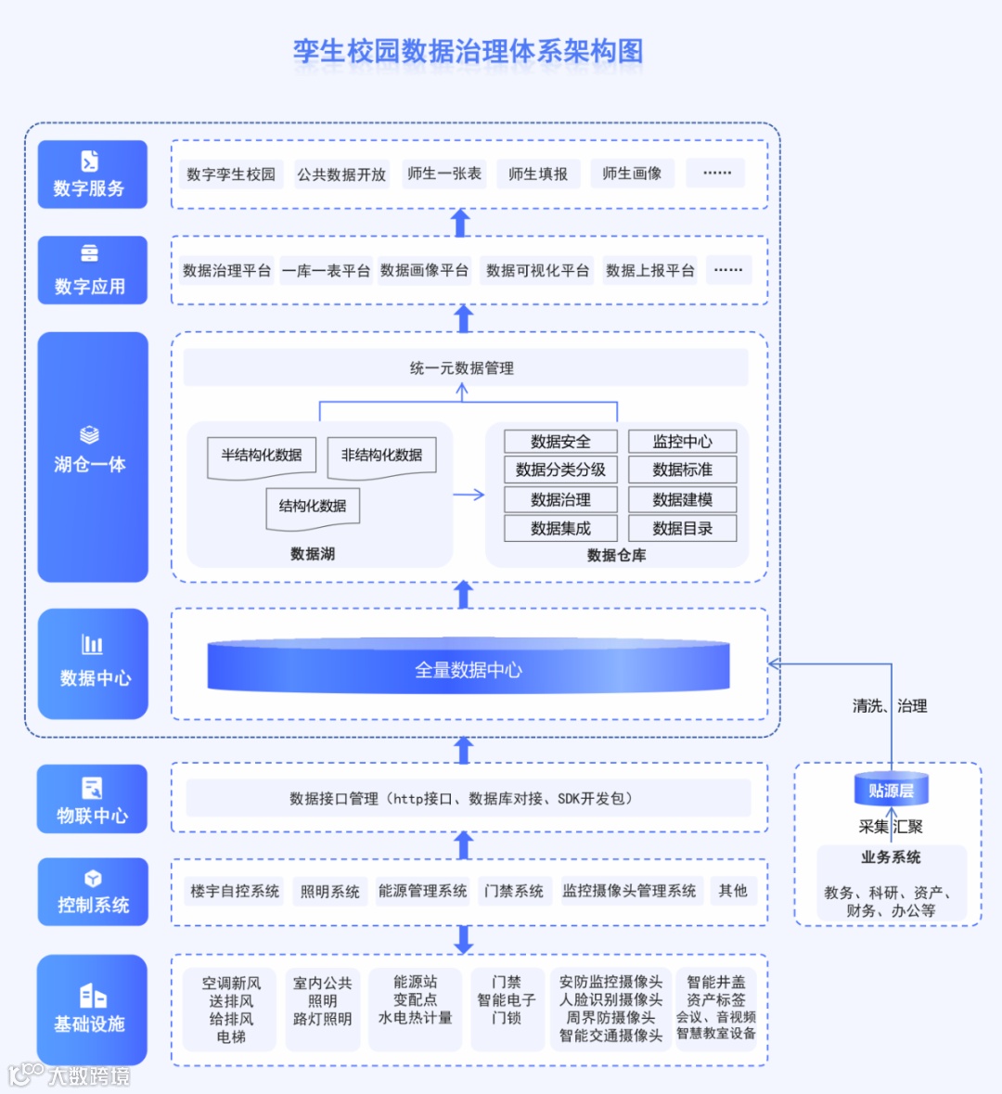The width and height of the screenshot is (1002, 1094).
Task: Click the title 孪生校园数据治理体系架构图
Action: (x=468, y=51)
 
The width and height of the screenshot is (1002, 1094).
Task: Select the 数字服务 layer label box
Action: (x=92, y=174)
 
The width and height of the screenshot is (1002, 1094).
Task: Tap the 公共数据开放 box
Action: (x=341, y=174)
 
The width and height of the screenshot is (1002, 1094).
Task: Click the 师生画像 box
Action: (x=632, y=174)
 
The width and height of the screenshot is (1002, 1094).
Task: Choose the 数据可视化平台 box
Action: (x=537, y=270)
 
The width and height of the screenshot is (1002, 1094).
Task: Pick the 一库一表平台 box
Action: (x=327, y=270)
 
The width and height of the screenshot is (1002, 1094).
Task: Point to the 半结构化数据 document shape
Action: (x=262, y=457)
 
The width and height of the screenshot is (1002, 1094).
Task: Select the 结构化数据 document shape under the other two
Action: (x=313, y=508)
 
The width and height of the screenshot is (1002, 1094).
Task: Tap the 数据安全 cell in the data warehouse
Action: (x=560, y=442)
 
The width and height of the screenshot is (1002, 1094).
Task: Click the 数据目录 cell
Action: (x=682, y=529)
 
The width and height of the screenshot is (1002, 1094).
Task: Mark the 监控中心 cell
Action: (x=682, y=442)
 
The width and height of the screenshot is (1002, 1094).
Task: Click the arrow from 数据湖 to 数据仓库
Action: (x=469, y=495)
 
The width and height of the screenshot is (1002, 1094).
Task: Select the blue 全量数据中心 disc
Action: (x=469, y=667)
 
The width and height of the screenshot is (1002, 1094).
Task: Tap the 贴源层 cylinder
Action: (x=891, y=790)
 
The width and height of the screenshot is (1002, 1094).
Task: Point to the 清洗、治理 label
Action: (x=890, y=706)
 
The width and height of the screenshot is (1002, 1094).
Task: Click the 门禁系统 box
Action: (x=514, y=891)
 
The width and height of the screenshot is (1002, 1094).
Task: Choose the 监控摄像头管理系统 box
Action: (x=629, y=891)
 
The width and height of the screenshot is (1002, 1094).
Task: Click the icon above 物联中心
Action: (x=92, y=788)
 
